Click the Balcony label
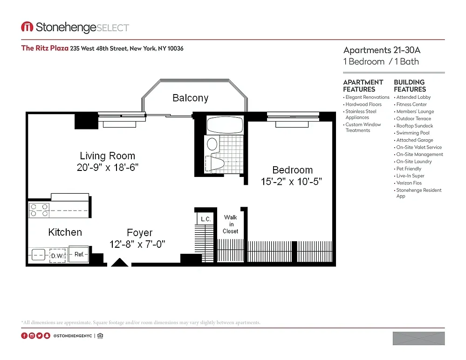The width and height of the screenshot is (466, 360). (x=190, y=98)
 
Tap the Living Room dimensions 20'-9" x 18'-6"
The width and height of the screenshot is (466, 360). (x=108, y=167)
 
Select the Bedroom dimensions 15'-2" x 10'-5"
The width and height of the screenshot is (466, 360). (x=291, y=182)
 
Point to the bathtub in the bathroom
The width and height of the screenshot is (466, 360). (x=225, y=125)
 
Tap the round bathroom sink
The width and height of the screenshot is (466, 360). (x=212, y=144)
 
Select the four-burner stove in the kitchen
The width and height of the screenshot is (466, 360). (x=39, y=210)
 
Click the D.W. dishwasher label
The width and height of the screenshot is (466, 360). (x=58, y=256)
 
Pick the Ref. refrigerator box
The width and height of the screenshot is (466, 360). (x=78, y=254)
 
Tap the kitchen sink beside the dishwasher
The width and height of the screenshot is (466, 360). (x=38, y=255)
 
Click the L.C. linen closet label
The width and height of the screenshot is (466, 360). (x=206, y=219)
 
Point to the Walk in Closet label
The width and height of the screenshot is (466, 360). (x=230, y=224)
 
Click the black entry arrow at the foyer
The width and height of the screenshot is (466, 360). (x=119, y=262)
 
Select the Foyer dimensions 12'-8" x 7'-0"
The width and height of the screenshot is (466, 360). (x=137, y=244)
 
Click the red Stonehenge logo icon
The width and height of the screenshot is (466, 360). (x=27, y=27)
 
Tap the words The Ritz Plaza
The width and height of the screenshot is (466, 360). (x=45, y=48)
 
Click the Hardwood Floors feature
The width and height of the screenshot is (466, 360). (x=363, y=104)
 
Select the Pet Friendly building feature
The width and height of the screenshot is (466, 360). (x=409, y=169)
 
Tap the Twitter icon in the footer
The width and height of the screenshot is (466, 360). (x=39, y=336)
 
